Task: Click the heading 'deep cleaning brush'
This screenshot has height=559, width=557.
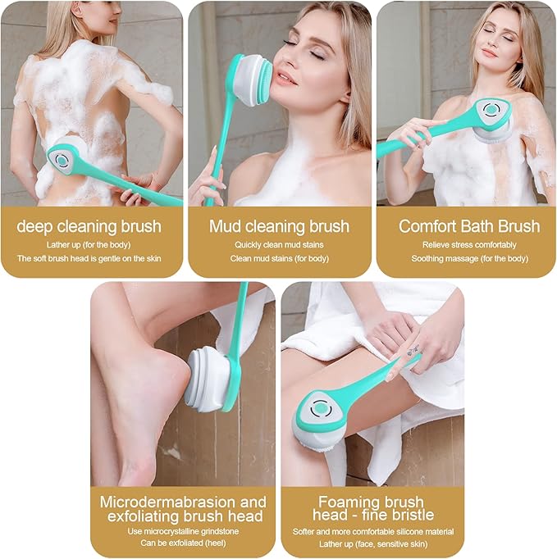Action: [x=89, y=226]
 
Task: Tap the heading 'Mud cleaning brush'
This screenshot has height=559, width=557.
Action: [x=279, y=226]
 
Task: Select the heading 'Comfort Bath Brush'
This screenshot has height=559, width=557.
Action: [x=469, y=226]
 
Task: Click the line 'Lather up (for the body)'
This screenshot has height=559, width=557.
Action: [x=89, y=245]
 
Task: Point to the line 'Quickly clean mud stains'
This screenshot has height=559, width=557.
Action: [x=279, y=245]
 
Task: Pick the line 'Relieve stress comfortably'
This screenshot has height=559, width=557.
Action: [x=469, y=245]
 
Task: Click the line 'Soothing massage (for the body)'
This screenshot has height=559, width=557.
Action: [x=469, y=258]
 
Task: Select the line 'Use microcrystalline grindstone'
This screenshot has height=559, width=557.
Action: [x=183, y=532]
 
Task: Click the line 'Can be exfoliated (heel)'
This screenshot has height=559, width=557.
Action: [x=183, y=543]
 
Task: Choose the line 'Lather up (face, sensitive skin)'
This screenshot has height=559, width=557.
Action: [x=373, y=544]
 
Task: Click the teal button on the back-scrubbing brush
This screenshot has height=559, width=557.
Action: [x=62, y=161]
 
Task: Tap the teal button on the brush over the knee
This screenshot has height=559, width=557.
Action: [x=319, y=407]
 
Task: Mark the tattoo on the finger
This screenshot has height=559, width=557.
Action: [x=410, y=349]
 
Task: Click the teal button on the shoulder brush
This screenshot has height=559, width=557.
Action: [x=489, y=109]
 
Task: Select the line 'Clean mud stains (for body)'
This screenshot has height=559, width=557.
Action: [x=279, y=258]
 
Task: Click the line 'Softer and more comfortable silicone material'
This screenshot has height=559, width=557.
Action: [x=373, y=532]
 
